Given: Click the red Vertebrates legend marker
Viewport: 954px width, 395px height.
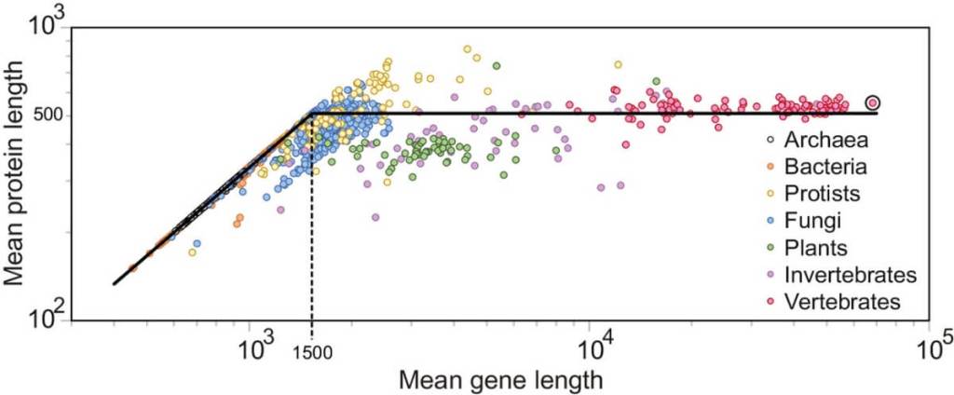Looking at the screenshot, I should click(x=769, y=302).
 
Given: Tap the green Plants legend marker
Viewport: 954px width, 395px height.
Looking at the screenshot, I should click(x=769, y=249).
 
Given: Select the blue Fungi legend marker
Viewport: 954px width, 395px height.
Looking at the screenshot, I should click(x=769, y=222).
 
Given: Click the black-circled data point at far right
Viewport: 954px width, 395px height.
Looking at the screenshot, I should click(x=873, y=102).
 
